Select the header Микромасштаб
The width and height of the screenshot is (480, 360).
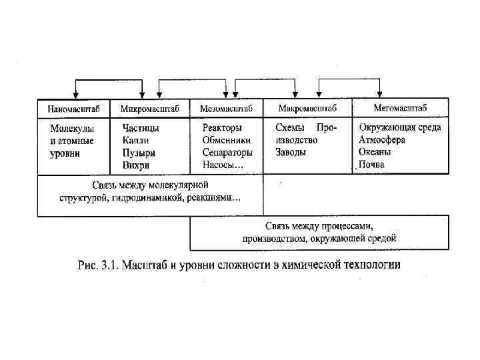(151, 108)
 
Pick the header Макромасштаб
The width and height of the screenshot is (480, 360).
(307, 108)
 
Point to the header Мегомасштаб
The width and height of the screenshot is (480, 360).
(400, 107)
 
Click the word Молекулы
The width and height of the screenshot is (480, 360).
(72, 129)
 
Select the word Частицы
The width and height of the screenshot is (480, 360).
(141, 128)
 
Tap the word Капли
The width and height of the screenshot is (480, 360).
(136, 140)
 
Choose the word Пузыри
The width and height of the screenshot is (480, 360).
(139, 153)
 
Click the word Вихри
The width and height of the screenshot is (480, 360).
(136, 165)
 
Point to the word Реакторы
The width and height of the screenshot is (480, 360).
(222, 127)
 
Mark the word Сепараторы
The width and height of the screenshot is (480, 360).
(227, 152)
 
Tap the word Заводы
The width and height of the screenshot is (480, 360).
(291, 152)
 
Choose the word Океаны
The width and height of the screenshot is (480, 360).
(375, 152)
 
